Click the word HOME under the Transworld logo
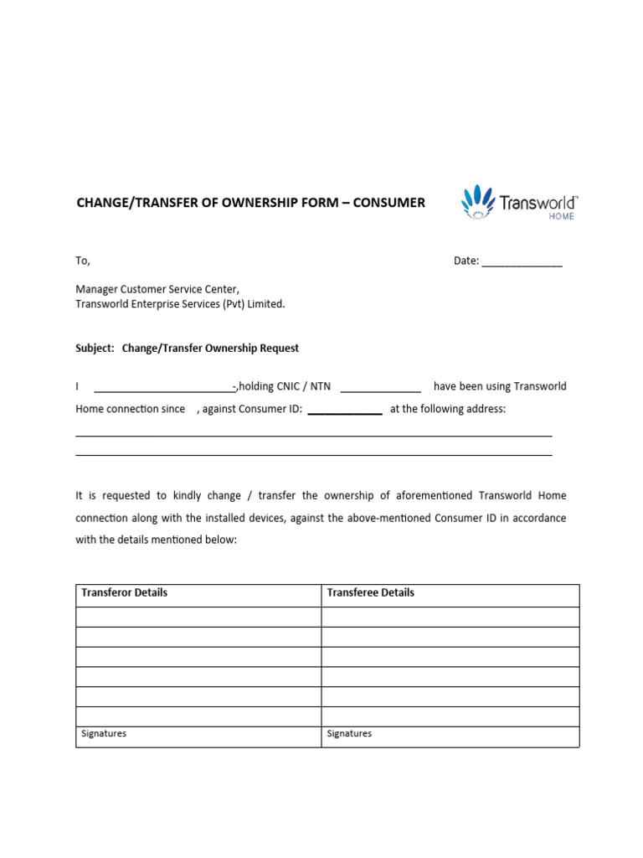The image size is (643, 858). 561,216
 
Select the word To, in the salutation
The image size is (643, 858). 83,261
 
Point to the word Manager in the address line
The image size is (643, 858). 97,289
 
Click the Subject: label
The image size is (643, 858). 95,348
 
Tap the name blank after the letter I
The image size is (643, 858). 163,388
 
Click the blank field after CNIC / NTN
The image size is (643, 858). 380,388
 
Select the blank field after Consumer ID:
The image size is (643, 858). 345,411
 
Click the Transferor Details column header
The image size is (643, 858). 124,592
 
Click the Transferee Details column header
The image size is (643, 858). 370,592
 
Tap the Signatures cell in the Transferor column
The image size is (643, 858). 104,734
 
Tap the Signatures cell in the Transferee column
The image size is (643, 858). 349,734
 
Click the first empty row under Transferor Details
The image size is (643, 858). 198,618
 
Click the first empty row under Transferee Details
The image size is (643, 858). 450,618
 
